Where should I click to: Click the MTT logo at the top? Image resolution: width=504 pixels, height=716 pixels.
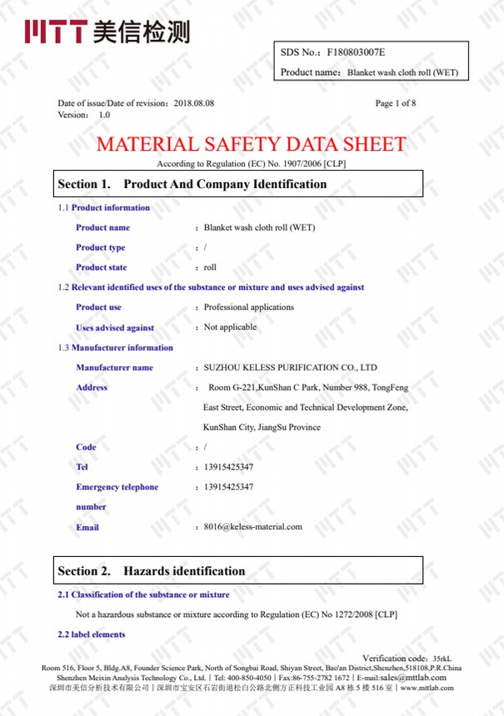click(107, 32)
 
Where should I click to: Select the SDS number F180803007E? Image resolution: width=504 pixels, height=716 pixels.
click(357, 52)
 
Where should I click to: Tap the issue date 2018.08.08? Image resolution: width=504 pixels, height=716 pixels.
click(194, 103)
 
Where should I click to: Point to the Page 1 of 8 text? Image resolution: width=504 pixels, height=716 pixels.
click(396, 103)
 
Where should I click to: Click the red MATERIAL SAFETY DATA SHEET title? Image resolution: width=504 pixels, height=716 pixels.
click(251, 144)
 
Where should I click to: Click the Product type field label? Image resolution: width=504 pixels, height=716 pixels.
click(101, 247)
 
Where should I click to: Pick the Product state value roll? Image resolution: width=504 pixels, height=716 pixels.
click(210, 267)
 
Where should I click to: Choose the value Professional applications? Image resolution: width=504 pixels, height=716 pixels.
click(249, 307)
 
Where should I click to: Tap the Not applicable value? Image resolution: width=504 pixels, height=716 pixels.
click(230, 327)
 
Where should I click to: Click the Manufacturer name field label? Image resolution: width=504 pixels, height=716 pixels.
click(114, 367)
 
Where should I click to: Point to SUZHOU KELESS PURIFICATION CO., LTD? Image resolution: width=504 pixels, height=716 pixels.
click(291, 367)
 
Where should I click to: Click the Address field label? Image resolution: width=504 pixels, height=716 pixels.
click(92, 387)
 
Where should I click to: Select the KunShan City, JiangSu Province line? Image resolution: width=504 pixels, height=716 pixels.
click(262, 427)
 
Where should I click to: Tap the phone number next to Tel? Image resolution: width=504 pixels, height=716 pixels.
click(228, 467)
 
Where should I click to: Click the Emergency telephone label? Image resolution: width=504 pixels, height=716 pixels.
click(117, 487)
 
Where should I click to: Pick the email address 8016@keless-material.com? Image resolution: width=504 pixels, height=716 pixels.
click(253, 526)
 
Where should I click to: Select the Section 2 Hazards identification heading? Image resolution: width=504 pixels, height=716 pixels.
click(151, 571)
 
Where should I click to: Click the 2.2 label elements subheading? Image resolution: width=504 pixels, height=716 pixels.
click(92, 634)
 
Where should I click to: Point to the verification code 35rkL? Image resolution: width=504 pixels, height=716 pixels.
click(442, 659)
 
